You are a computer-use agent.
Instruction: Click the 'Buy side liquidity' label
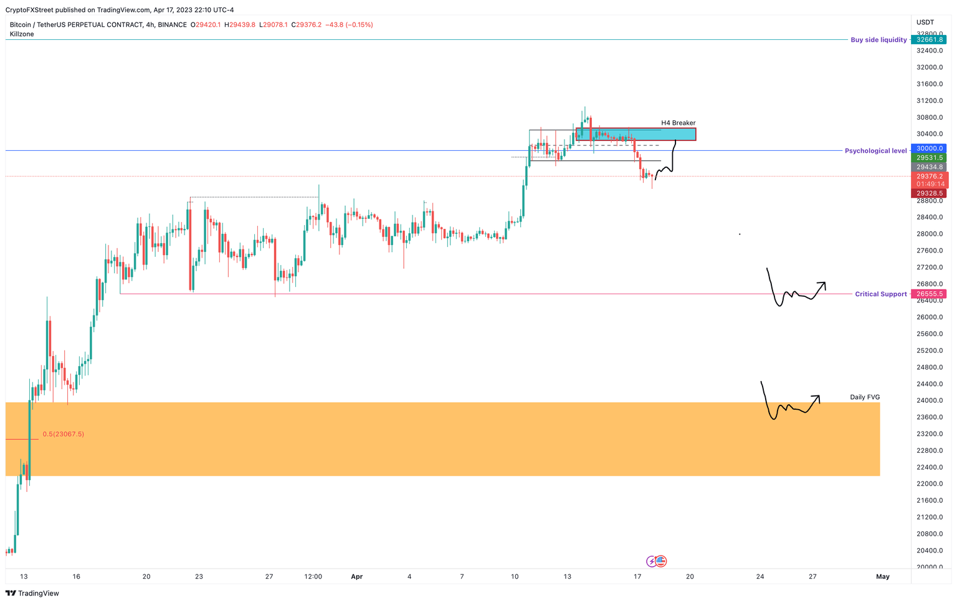point(878,40)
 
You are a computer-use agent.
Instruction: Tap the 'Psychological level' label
point(875,151)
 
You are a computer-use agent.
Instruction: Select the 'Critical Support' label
point(880,294)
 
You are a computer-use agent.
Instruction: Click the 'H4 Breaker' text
point(678,123)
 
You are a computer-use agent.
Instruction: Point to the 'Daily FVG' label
point(865,397)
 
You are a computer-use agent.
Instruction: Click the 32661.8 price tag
point(929,40)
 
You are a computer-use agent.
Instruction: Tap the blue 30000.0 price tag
point(929,148)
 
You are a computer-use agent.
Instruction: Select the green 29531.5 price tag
point(929,158)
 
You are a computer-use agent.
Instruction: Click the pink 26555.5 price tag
point(929,294)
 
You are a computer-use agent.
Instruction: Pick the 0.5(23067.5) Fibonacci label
point(63,434)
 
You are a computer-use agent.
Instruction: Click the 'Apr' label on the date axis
point(356,577)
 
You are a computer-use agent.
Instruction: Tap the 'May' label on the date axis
point(882,577)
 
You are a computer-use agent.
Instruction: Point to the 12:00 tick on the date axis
point(313,577)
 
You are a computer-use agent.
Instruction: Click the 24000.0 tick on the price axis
point(929,400)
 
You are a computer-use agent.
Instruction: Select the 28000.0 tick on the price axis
point(929,234)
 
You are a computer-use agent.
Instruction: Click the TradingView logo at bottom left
point(32,594)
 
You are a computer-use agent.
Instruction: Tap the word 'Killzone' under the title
point(22,34)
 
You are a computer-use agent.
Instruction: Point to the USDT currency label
point(925,22)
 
